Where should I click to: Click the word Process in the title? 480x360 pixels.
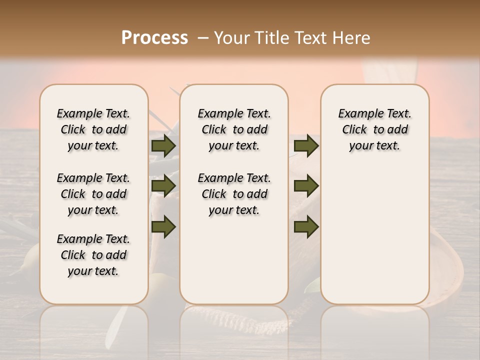pos(154,38)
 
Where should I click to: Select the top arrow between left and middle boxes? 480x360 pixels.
pos(163,145)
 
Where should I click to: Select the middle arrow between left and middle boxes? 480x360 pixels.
pos(163,186)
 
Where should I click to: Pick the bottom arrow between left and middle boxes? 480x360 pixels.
pos(163,227)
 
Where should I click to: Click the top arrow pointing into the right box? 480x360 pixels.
pos(306,145)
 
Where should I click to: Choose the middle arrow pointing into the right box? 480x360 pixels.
pos(306,186)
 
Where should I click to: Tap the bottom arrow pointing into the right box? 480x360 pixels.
pos(306,227)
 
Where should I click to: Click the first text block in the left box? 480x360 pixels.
pos(93,129)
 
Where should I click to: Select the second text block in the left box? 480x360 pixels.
pos(93,194)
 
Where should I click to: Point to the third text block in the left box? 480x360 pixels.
pos(93,255)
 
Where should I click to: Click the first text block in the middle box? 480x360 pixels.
pos(234,129)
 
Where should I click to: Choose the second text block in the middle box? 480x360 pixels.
pos(234,194)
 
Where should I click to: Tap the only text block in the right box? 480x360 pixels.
pos(374,129)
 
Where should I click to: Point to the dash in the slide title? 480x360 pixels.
pos(203,38)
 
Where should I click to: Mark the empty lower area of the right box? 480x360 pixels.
pos(374,235)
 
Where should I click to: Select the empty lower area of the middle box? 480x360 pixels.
pos(234,260)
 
